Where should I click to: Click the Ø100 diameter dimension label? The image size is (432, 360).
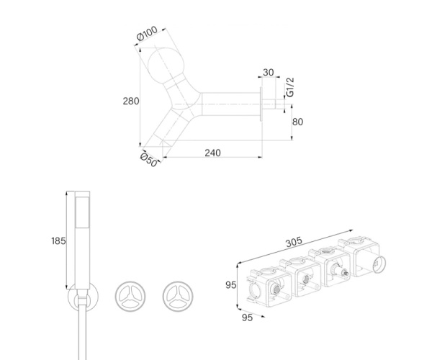(x=147, y=33)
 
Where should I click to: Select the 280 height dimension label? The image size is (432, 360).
(x=131, y=102)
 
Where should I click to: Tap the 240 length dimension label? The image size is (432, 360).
(x=212, y=153)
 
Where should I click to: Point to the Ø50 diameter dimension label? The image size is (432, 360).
(x=149, y=160)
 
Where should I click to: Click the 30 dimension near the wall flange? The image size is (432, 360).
(x=269, y=73)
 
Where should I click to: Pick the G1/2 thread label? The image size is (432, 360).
(x=290, y=87)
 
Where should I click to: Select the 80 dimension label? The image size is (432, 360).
(x=297, y=122)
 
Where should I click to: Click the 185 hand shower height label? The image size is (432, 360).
(x=59, y=241)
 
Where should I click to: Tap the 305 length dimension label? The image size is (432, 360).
(x=294, y=242)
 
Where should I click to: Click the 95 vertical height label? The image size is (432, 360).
(x=231, y=285)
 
